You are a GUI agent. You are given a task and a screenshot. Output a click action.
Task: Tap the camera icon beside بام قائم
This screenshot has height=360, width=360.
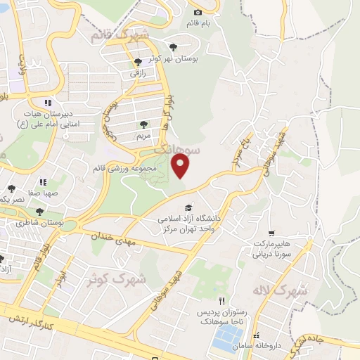pos(198,12)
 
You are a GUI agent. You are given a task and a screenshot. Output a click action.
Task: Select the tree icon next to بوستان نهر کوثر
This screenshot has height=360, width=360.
pos(147,62)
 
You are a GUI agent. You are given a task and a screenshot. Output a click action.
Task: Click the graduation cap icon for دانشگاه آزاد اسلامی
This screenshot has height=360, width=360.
pos(188,207)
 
